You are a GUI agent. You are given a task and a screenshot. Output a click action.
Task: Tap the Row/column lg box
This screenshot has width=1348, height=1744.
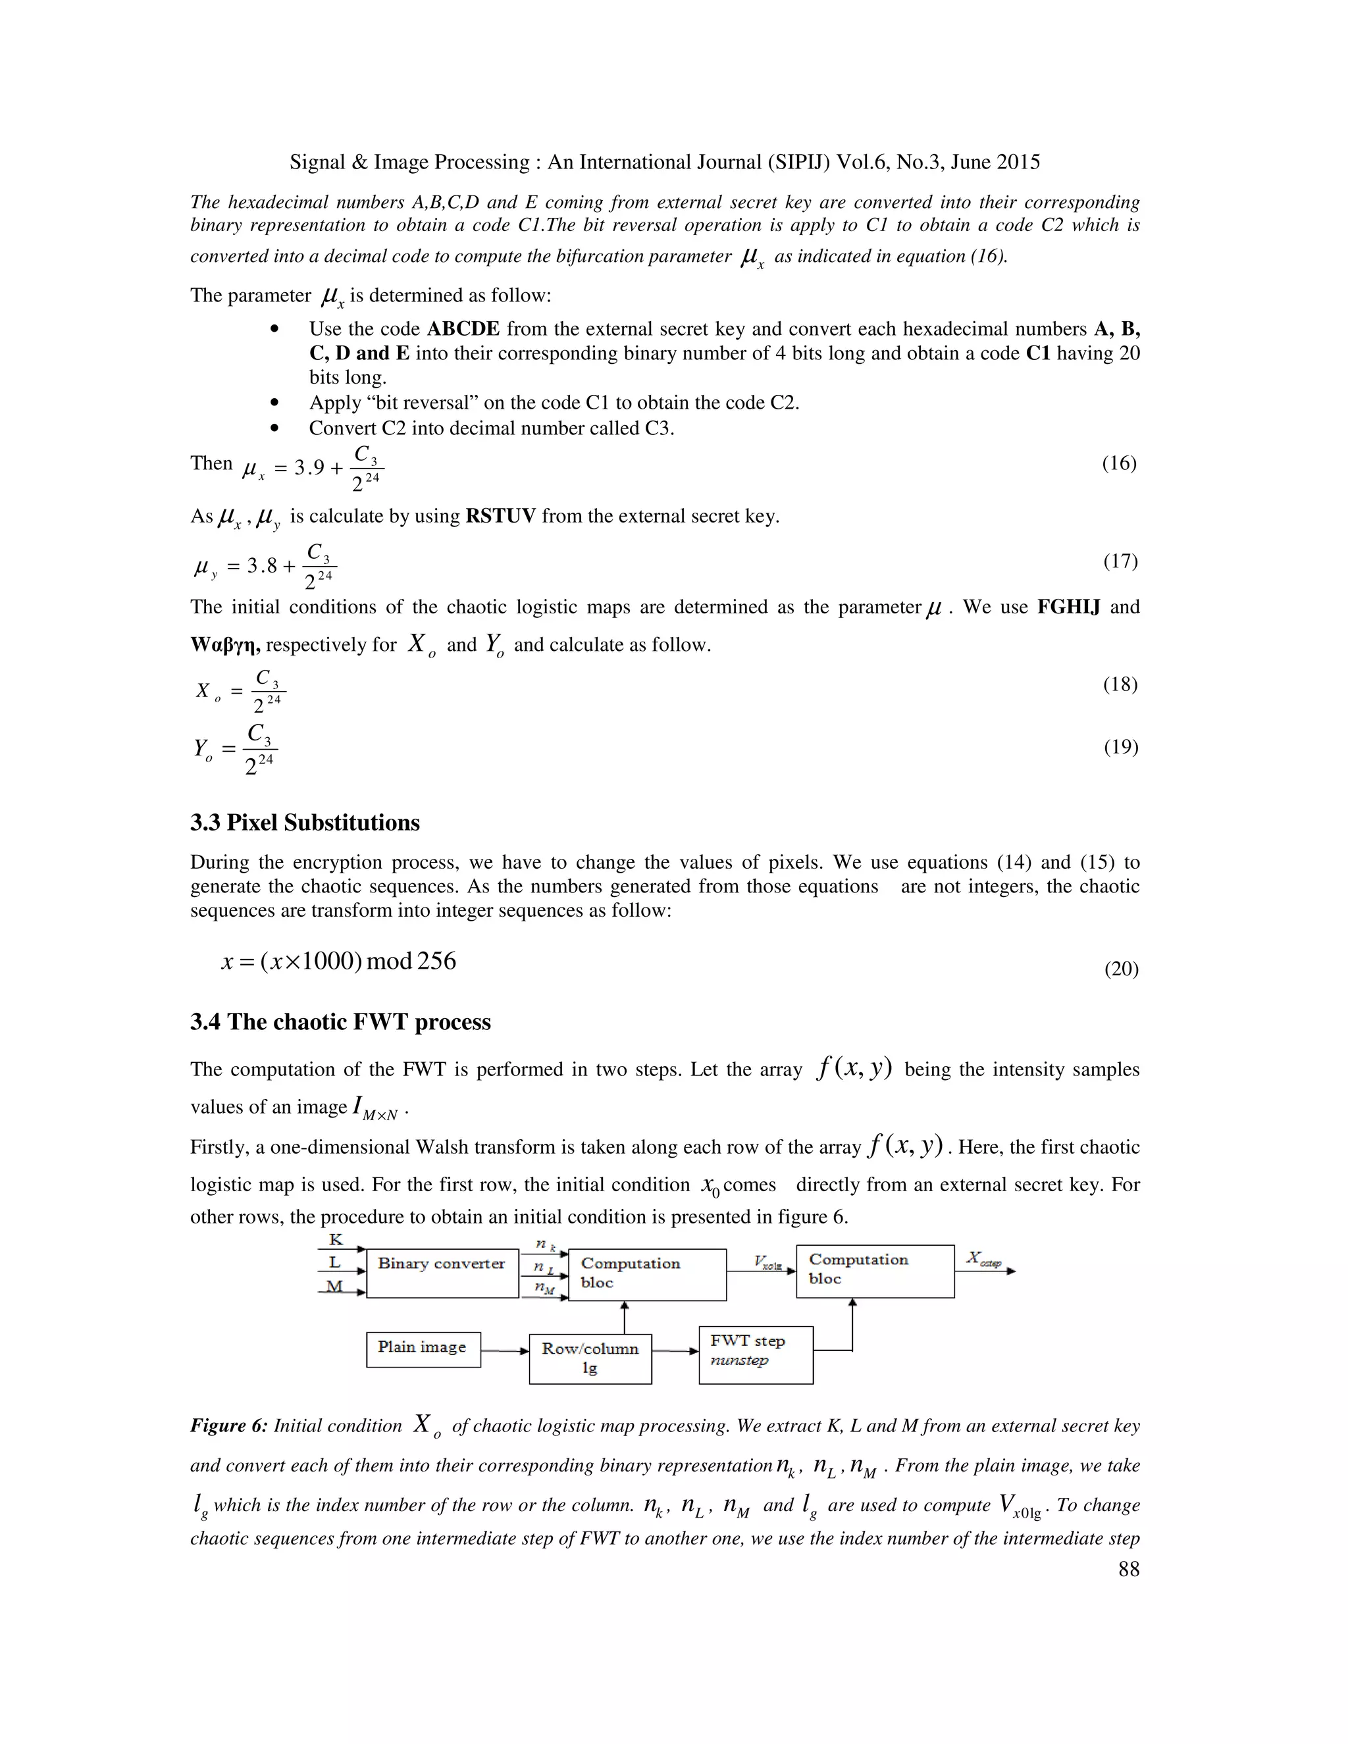(x=590, y=1358)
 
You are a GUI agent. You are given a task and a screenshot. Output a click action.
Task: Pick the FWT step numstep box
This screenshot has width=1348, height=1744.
(x=756, y=1355)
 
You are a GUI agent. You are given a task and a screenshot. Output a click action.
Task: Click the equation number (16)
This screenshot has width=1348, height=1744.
(x=1119, y=463)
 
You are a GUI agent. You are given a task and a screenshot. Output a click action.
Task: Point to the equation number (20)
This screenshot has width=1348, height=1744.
(x=1120, y=969)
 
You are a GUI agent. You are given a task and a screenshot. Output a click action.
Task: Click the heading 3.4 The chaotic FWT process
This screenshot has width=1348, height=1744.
(x=340, y=1022)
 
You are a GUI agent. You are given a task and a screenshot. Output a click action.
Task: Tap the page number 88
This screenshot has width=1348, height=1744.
(x=1128, y=1569)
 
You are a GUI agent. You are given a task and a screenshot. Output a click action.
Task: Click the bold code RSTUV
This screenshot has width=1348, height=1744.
(x=501, y=517)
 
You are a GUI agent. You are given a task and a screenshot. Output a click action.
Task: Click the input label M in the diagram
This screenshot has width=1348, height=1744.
(x=334, y=1286)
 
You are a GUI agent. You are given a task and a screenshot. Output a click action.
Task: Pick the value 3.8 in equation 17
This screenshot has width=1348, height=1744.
(x=262, y=566)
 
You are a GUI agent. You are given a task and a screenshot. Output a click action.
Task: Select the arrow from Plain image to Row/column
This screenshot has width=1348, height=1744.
(x=505, y=1351)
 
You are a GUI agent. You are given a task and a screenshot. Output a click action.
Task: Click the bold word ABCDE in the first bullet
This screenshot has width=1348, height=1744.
(x=463, y=329)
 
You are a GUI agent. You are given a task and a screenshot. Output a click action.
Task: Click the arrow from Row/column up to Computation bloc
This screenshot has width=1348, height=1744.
(x=625, y=1317)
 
